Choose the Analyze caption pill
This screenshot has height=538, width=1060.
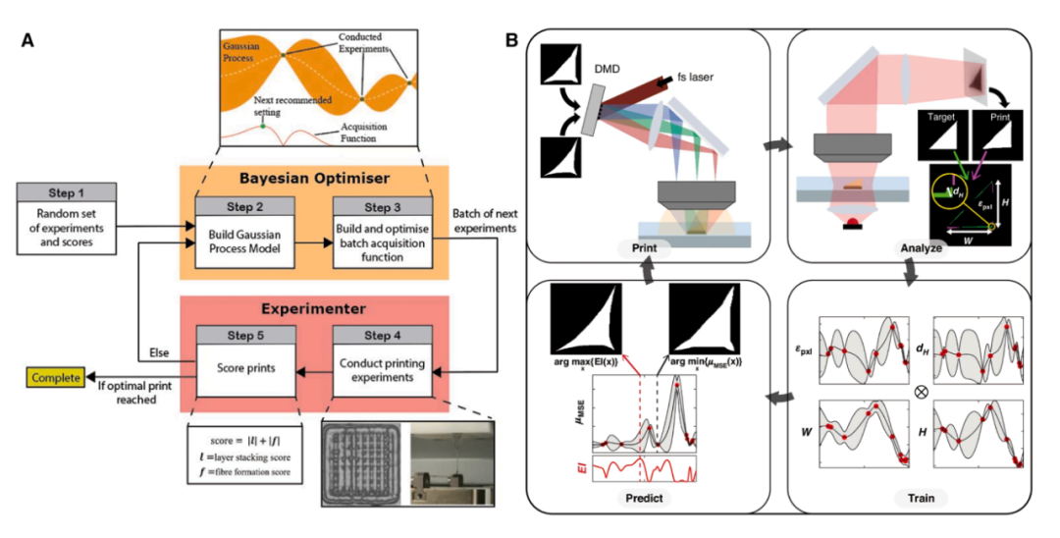pyautogui.click(x=920, y=248)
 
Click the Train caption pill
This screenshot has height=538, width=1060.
pyautogui.click(x=921, y=498)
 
